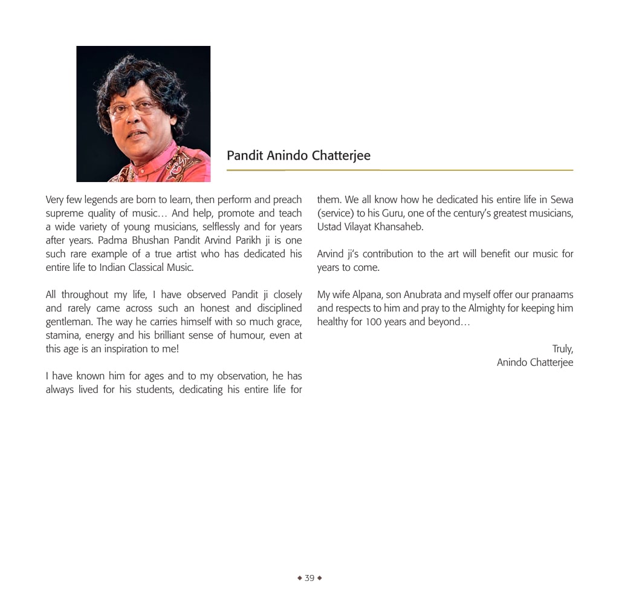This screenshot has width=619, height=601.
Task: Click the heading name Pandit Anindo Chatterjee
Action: [299, 155]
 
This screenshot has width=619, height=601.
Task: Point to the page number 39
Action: [309, 578]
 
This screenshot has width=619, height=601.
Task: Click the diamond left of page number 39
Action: [299, 578]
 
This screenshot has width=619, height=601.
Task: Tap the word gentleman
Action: [68, 322]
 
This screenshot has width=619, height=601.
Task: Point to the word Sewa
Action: [562, 200]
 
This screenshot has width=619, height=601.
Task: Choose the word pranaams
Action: [548, 294]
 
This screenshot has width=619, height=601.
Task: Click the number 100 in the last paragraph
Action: [374, 322]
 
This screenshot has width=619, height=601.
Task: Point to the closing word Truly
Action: [562, 349]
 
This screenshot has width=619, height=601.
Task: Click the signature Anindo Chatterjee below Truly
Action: [535, 362]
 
